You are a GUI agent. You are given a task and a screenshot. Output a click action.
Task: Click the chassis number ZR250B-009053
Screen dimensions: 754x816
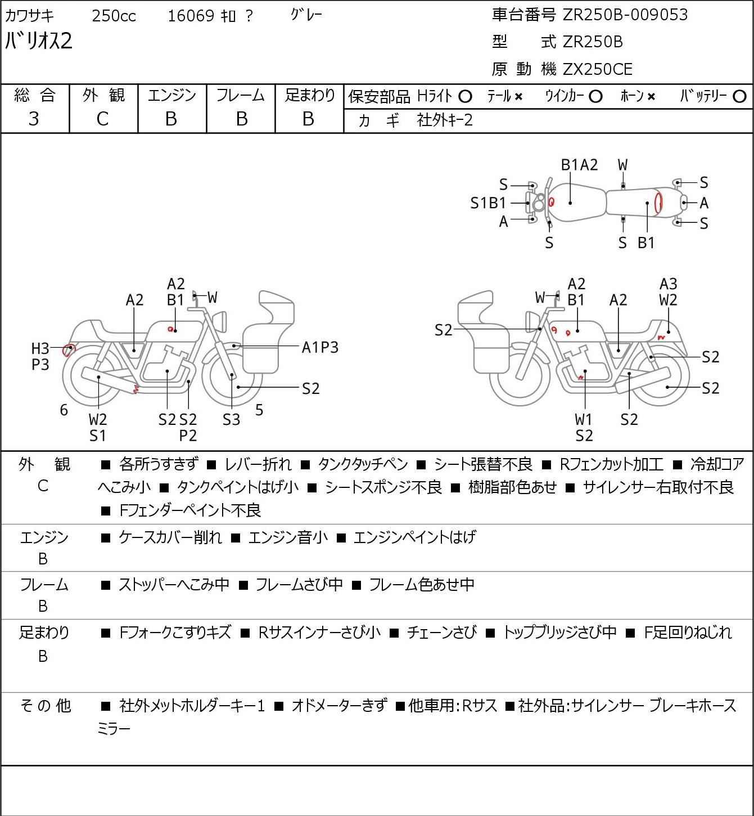point(625,15)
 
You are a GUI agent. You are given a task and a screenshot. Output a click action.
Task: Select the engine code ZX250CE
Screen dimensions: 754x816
point(597,69)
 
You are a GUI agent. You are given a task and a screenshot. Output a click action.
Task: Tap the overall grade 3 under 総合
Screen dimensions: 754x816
point(34,119)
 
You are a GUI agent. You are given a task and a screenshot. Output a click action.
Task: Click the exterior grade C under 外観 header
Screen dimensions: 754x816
point(103,119)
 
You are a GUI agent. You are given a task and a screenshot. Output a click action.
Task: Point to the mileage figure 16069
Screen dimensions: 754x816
point(191,16)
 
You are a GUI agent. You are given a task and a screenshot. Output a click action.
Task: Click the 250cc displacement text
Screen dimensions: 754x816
point(114,16)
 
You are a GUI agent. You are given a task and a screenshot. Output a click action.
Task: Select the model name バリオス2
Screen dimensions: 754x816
point(39,41)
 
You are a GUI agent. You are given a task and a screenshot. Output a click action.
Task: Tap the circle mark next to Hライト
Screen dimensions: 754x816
point(465,97)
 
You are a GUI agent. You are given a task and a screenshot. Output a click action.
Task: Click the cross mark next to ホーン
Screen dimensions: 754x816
point(651,97)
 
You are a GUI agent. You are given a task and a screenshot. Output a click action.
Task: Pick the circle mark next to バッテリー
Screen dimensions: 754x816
point(739,97)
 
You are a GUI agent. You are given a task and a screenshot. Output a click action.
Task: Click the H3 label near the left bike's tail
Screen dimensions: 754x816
point(40,348)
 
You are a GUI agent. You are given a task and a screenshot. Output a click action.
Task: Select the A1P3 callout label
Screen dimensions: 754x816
point(320,348)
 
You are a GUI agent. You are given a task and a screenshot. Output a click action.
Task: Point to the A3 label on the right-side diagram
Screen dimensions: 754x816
point(668,284)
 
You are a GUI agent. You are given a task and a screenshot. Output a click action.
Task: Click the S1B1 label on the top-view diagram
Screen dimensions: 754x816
point(488,203)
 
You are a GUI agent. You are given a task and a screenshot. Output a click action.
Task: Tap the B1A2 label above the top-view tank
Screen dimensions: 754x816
point(579,165)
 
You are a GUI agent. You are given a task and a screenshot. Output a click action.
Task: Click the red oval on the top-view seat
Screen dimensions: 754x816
point(658,203)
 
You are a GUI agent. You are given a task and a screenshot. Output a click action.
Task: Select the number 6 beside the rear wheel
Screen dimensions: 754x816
point(64,410)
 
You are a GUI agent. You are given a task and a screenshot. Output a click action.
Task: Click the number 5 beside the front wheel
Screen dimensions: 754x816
point(259,410)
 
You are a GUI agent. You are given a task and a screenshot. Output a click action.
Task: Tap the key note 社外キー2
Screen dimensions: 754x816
point(445,120)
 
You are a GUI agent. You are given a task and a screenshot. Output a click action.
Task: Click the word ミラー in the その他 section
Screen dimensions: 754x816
point(114,729)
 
